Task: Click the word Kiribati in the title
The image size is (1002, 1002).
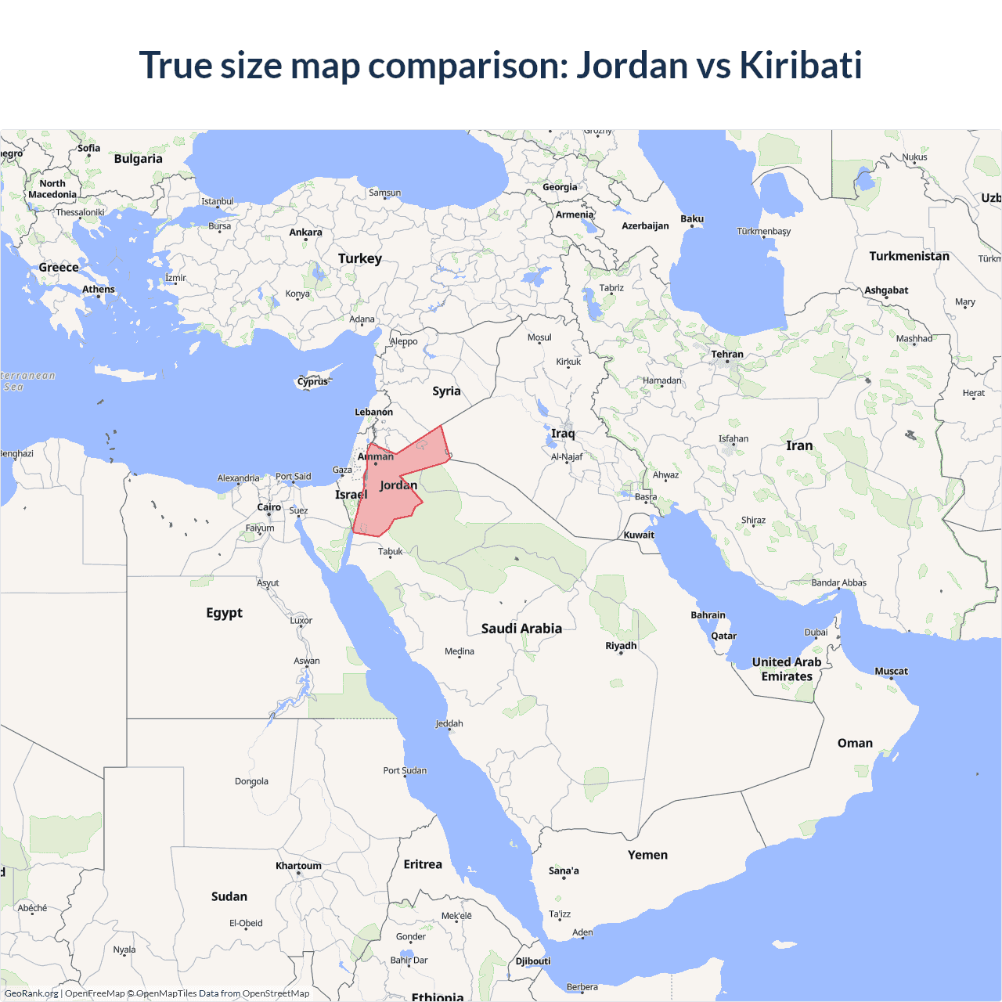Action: pos(800,65)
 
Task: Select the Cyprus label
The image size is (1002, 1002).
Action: pos(312,382)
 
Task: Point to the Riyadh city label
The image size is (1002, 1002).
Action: pos(621,646)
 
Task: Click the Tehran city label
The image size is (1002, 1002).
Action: pos(727,355)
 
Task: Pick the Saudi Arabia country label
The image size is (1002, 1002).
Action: pos(521,629)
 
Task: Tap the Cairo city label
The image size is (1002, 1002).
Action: pos(269,507)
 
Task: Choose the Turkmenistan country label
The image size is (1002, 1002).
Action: pos(909,256)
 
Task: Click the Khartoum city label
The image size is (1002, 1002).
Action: pos(298,866)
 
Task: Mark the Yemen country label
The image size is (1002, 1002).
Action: pos(647,855)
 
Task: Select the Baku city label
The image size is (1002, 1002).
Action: pos(692,219)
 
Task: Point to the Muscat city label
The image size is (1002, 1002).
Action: pos(891,671)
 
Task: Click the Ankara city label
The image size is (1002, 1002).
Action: pos(305,232)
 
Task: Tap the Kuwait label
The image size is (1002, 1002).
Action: pos(639,535)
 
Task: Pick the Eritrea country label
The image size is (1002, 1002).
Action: pos(423,864)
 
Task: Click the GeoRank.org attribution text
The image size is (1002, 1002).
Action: pos(31,993)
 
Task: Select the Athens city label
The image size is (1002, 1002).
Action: pos(99,290)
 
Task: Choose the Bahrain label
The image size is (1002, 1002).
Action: pos(708,615)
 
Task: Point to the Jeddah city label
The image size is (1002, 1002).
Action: pos(449,724)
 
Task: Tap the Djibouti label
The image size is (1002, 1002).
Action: pos(533,961)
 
